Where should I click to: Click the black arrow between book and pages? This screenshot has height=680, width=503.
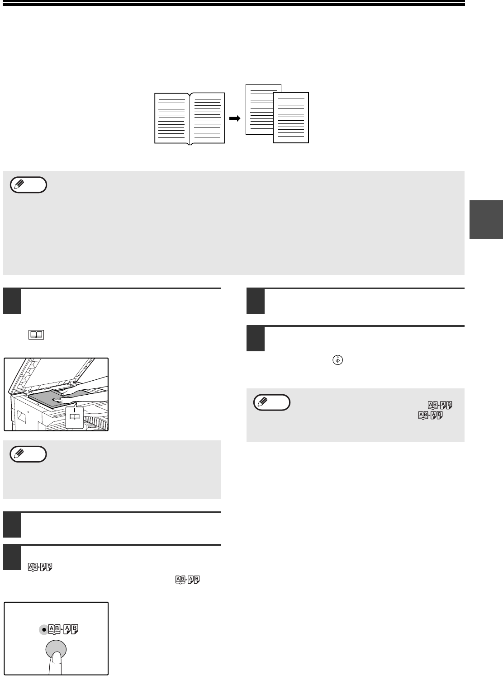(235, 118)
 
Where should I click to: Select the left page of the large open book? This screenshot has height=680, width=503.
(172, 118)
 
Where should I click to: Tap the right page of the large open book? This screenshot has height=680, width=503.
(207, 118)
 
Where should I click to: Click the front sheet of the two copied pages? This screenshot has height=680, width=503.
(291, 118)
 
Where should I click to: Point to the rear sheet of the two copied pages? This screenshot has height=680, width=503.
(260, 109)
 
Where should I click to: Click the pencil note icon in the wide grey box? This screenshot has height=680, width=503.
(28, 184)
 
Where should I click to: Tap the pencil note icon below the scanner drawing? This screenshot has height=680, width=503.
(28, 454)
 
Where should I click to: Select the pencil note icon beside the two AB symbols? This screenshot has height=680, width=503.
(272, 402)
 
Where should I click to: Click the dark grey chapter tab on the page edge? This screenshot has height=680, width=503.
(486, 219)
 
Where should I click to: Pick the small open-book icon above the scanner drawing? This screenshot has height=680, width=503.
(36, 335)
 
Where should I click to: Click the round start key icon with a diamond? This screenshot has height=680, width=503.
(338, 360)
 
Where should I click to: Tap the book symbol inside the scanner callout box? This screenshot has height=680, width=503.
(75, 416)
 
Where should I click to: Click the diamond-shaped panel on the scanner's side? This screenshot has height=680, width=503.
(22, 416)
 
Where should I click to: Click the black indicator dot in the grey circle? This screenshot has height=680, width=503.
(44, 629)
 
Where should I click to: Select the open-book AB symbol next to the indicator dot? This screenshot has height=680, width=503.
(55, 629)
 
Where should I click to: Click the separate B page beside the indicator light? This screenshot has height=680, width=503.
(75, 629)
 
